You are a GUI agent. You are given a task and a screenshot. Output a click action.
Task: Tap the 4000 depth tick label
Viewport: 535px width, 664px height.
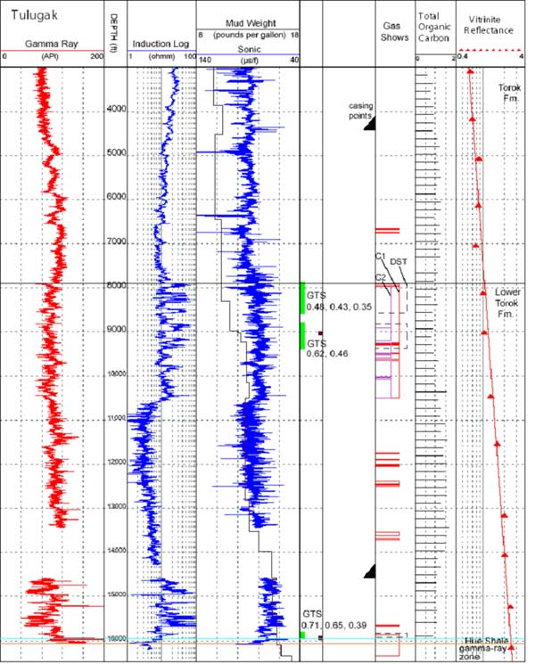pos(117,110)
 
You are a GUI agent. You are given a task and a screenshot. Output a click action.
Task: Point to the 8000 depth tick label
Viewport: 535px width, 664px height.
pos(117,285)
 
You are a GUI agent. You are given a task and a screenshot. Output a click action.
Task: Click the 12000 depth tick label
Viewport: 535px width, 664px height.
pos(117,462)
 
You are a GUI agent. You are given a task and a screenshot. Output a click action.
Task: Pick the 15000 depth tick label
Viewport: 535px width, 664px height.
pos(117,594)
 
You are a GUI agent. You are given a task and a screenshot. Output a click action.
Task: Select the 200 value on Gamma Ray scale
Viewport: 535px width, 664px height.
pos(96,56)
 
